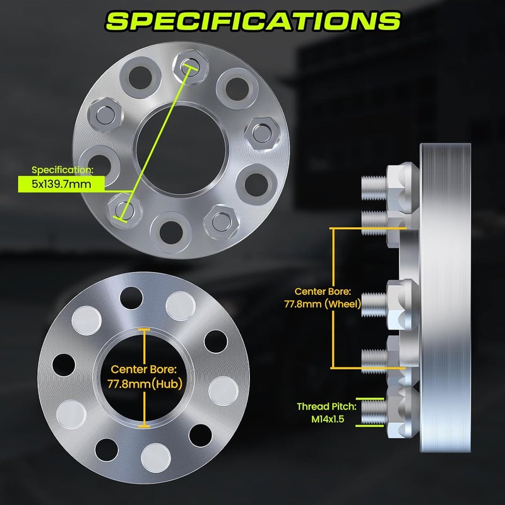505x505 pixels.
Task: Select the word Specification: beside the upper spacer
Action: (62, 170)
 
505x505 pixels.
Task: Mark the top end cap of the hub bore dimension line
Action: (145, 330)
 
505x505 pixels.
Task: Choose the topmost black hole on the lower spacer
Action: (131, 294)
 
